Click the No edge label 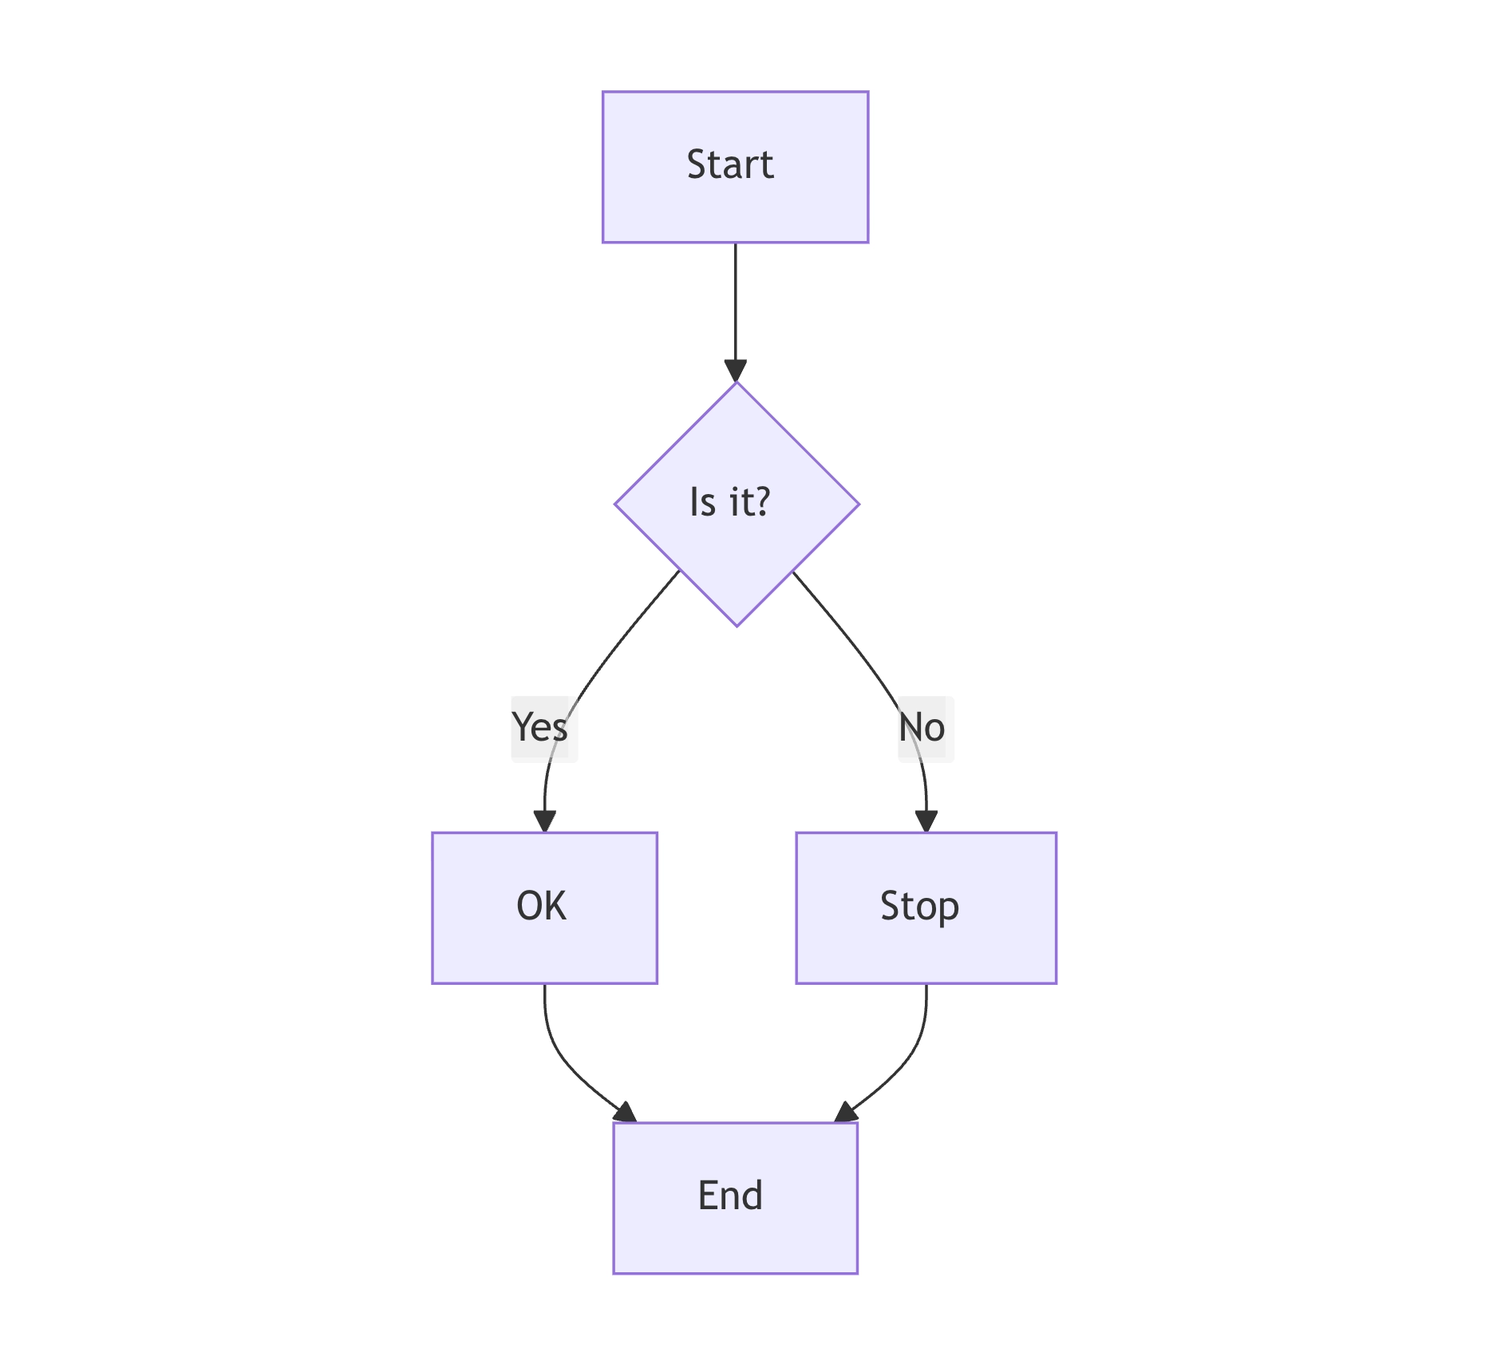[923, 728]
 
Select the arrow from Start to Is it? [735, 303]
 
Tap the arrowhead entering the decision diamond [735, 371]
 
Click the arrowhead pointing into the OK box [544, 821]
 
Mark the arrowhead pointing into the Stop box [926, 821]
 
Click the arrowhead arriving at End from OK [626, 1113]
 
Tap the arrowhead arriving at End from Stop [845, 1113]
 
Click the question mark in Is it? [760, 502]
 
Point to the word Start [729, 165]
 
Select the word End [729, 1196]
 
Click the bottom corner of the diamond [737, 624]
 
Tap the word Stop [919, 907]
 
